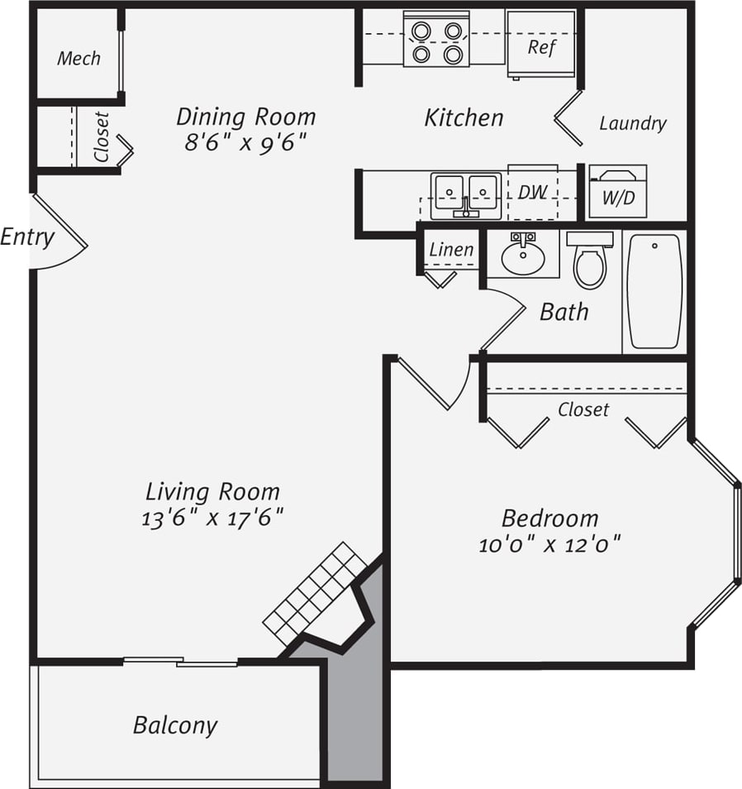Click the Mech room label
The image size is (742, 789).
[78, 58]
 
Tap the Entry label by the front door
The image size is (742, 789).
[27, 237]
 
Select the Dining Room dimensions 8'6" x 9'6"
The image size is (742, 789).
[246, 142]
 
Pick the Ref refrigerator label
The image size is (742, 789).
[541, 46]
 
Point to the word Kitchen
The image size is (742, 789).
[464, 117]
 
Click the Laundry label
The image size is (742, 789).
[632, 123]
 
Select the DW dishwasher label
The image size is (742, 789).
[532, 192]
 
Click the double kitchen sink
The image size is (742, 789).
[466, 195]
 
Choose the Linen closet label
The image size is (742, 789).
[451, 249]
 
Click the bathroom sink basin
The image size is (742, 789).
[523, 256]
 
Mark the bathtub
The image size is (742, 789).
[654, 291]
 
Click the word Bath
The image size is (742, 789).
[564, 312]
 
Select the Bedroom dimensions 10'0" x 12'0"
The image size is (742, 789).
[549, 545]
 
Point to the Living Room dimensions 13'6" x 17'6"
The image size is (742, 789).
[212, 519]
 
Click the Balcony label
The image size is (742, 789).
[175, 725]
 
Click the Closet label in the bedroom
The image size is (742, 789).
[583, 409]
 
